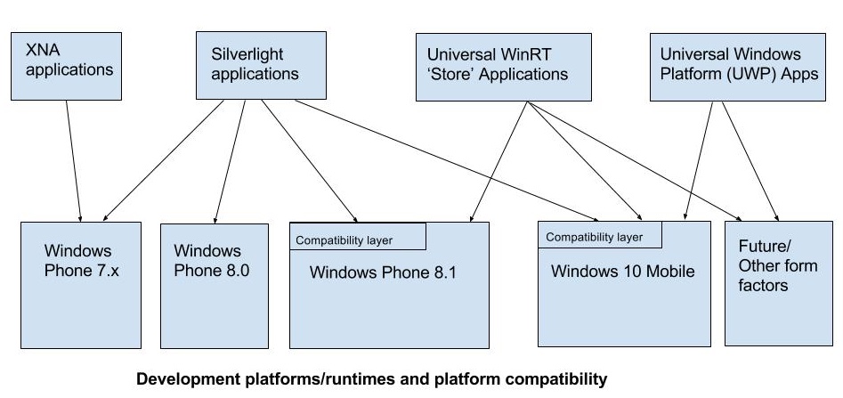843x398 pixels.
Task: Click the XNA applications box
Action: tap(66, 66)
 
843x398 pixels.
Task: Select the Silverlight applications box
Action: tap(261, 65)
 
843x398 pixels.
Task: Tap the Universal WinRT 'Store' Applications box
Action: tap(504, 68)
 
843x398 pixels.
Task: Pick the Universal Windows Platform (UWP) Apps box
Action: tap(738, 68)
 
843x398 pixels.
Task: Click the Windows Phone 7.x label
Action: tap(81, 260)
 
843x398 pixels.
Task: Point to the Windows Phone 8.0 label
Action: tap(211, 260)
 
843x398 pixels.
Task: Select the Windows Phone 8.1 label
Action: tap(383, 272)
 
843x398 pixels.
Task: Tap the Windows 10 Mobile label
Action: tap(622, 271)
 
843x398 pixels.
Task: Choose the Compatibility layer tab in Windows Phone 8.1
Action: tap(358, 236)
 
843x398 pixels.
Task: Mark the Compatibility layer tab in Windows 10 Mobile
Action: tap(600, 234)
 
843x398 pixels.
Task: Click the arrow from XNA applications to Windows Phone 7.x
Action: tap(74, 161)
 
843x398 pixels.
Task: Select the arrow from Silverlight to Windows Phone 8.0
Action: tap(230, 161)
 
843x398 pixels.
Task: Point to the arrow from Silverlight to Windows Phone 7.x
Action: tap(162, 161)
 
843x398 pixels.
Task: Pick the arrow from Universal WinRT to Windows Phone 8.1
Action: tap(498, 161)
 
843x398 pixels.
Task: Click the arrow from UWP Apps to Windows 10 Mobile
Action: tap(698, 161)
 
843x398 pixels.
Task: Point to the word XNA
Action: tap(43, 51)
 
